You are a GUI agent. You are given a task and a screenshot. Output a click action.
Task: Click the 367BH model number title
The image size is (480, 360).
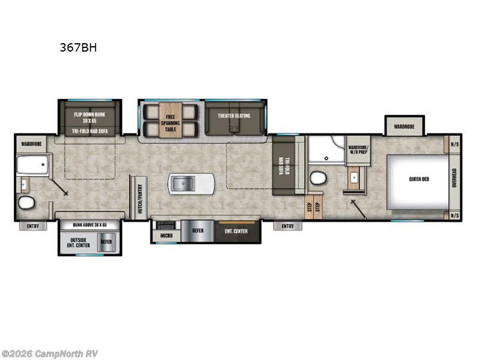(78, 49)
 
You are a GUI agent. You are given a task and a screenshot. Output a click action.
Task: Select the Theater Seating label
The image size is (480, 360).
(234, 115)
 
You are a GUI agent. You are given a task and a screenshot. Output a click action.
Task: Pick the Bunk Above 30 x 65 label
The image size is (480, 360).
(89, 224)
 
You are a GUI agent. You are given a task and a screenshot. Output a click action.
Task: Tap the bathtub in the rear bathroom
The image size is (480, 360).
(33, 165)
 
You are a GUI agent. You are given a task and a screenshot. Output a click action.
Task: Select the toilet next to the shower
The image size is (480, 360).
(317, 178)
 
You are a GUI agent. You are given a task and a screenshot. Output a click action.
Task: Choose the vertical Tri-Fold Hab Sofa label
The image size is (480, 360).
(287, 165)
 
